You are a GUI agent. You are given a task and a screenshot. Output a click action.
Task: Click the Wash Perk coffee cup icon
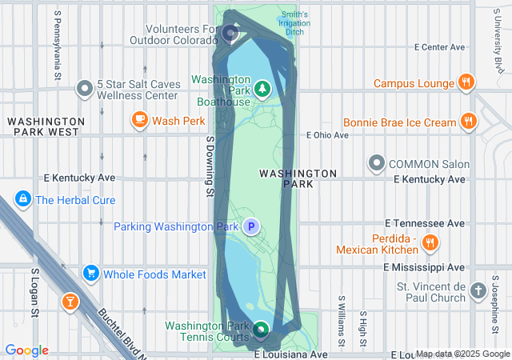point(140,121)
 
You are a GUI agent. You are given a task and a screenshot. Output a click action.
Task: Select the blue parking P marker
point(251,226)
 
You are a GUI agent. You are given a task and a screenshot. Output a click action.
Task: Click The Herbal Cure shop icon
point(22,200)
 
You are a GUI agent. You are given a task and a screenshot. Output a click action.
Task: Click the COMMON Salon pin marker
point(377,164)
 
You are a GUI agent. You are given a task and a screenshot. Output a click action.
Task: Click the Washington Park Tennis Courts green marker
point(262,328)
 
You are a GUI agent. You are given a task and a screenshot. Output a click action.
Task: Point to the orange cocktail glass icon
point(70,302)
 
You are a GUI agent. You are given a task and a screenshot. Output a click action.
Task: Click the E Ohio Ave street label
point(328,135)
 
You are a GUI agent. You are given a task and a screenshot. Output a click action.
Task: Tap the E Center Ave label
point(439,48)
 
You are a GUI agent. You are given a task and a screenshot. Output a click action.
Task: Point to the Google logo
point(26,350)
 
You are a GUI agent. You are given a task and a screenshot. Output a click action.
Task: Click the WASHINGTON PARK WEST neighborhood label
point(43,126)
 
